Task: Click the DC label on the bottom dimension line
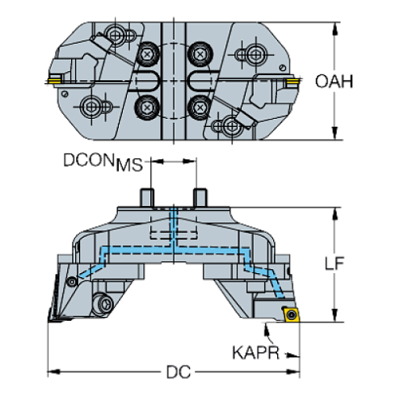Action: [177, 373]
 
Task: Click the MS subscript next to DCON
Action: [129, 167]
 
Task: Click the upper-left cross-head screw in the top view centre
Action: [148, 54]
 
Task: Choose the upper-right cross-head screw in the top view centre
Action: [199, 54]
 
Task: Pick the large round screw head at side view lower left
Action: [104, 304]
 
